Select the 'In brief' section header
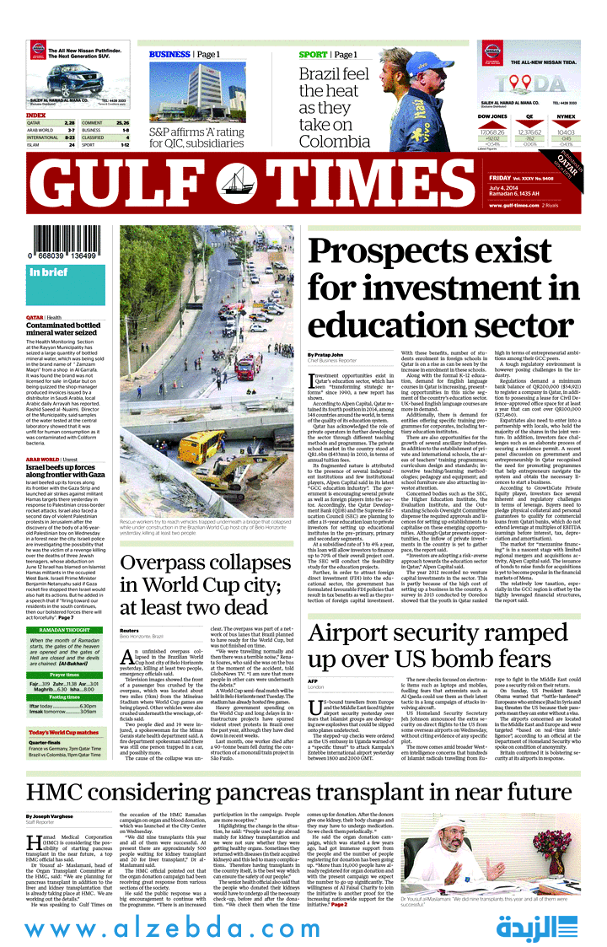[x=48, y=272]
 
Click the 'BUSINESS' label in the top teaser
[x=169, y=55]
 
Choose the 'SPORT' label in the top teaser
[x=314, y=55]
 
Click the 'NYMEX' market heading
[x=567, y=116]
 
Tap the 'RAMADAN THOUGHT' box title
[x=65, y=606]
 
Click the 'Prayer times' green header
[x=65, y=651]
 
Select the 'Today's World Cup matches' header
[x=65, y=731]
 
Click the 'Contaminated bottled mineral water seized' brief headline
[x=63, y=328]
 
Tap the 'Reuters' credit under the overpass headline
[x=129, y=606]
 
